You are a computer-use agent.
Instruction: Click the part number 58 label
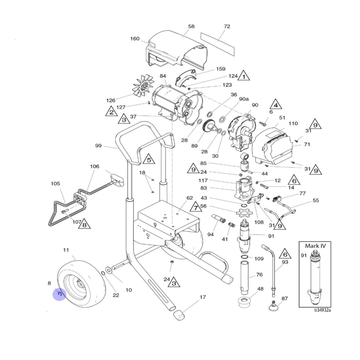pos(191,26)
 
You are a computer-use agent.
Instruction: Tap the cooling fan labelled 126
pos(143,85)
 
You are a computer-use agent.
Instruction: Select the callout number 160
pos(135,39)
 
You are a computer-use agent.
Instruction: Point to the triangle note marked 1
pos(244,76)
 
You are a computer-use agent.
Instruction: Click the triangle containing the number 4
pos(276,104)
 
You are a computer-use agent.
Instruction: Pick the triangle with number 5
pos(149,159)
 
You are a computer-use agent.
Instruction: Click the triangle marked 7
pos(196,207)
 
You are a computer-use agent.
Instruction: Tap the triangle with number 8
pos(84,224)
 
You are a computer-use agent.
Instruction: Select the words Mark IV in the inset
pos(315,246)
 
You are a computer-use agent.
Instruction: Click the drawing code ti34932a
pos(322,310)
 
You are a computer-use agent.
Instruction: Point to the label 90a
pos(244,99)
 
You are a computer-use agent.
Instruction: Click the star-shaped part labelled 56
pos(243,213)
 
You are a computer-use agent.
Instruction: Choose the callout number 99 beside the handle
pos(98,146)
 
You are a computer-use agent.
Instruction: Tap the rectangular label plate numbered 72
pos(217,44)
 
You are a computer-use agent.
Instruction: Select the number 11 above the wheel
pos(66,250)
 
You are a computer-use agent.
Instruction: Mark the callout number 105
pos(55,184)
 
